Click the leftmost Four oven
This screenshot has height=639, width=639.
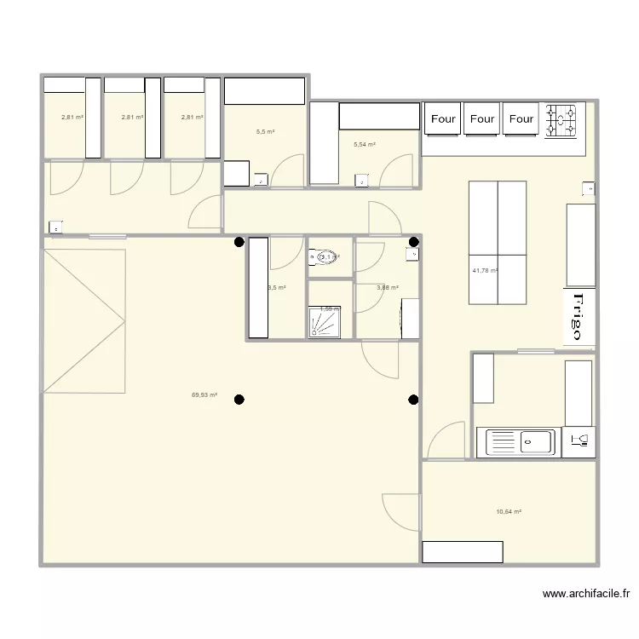click(443, 120)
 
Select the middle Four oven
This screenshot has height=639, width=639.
click(482, 120)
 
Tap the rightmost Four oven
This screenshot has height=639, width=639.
click(521, 120)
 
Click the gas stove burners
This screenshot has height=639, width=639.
click(561, 120)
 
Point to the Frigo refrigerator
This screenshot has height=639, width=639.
click(579, 317)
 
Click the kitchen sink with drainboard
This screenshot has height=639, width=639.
click(520, 441)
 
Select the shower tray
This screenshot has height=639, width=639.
click(324, 322)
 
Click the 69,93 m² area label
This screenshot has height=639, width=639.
click(204, 395)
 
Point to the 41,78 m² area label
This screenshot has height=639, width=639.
click(485, 272)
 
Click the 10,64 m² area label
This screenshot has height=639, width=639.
click(509, 512)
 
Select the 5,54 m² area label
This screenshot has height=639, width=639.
click(365, 146)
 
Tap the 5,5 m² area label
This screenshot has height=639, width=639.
click(265, 132)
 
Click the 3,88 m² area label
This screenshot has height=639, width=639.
click(388, 288)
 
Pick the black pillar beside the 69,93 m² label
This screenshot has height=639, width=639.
click(239, 399)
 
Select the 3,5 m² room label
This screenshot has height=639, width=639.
click(277, 288)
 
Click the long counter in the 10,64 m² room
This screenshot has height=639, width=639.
click(463, 551)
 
